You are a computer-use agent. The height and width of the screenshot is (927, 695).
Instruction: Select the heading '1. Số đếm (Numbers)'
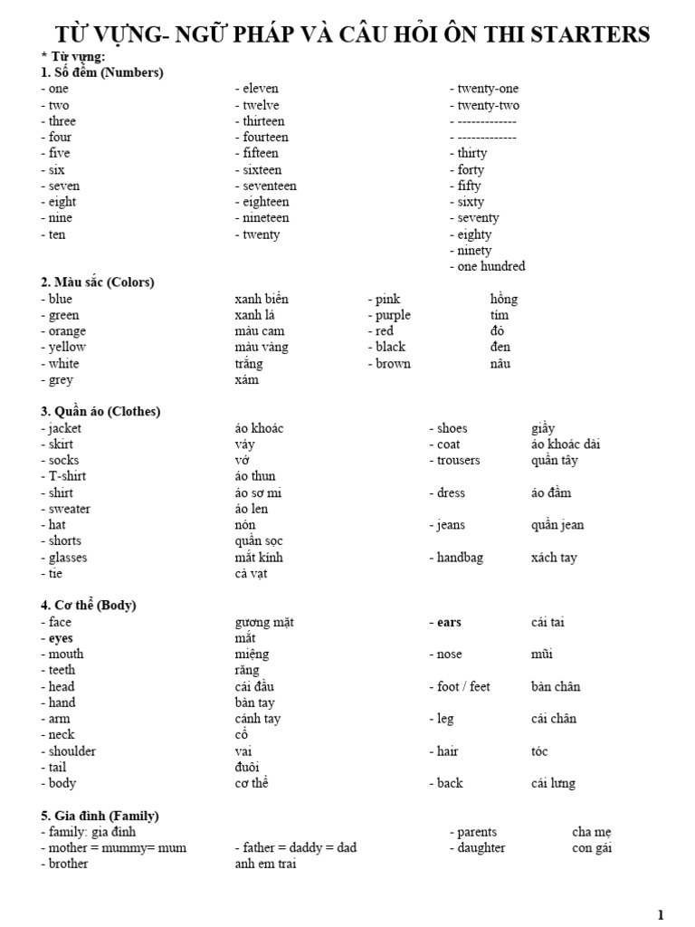point(102,72)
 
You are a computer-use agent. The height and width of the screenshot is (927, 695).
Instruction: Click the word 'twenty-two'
point(489,105)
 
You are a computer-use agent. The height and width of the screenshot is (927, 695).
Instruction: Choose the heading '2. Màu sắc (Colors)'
point(98,282)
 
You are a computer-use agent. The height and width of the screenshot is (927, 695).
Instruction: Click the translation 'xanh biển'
point(262,299)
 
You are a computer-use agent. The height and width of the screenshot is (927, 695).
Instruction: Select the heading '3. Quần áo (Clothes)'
point(100,412)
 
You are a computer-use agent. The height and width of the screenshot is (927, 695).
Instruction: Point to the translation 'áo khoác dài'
point(566,444)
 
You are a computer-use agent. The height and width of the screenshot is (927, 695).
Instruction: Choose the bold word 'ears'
point(449,622)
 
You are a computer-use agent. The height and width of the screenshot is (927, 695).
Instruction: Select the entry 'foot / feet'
point(463,686)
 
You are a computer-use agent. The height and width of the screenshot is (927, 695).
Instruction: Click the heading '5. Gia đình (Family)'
point(100,816)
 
